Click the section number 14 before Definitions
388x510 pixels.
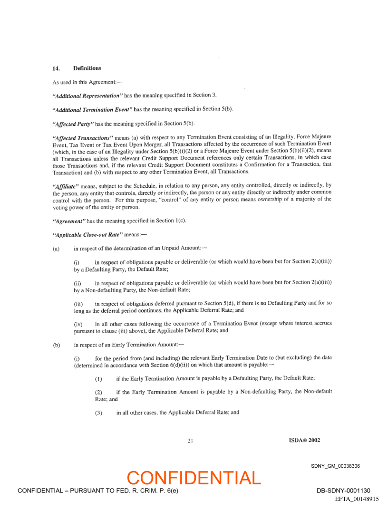(x=56, y=68)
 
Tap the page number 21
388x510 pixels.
(x=190, y=441)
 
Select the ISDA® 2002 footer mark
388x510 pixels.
(x=301, y=440)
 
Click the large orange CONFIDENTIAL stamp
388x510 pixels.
(x=194, y=478)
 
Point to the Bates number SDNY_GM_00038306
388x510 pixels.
(x=335, y=466)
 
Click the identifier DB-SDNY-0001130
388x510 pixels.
(x=343, y=491)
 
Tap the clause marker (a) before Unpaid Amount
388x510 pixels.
(x=56, y=249)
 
